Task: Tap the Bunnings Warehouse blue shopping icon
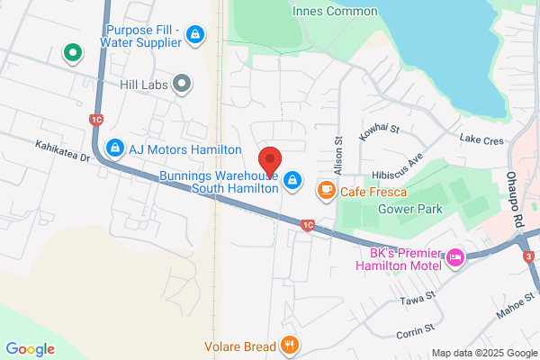pos(292,182)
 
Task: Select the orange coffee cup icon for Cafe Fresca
pos(325,191)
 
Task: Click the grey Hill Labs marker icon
pos(183,85)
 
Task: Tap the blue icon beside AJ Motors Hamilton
pos(114,148)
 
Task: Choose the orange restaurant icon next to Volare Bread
pos(289,343)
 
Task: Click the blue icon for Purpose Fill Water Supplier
pos(194,34)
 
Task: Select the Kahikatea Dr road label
pos(63,151)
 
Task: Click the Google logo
pos(30,349)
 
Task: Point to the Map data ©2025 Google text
pos(482,353)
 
